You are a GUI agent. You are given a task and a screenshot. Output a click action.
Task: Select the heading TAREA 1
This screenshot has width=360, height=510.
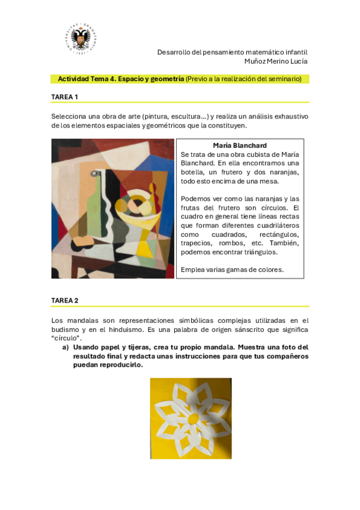[x=65, y=97]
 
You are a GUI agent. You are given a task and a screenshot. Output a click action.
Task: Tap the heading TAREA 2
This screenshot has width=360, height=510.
[x=65, y=301]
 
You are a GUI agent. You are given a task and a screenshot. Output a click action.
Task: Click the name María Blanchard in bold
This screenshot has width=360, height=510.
[x=240, y=146]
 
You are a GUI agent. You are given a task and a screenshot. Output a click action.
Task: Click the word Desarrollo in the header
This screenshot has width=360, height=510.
[x=174, y=52]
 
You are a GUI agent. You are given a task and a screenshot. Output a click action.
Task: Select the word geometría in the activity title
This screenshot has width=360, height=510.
[x=166, y=79]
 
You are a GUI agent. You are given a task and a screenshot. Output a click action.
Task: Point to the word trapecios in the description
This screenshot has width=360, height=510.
[x=196, y=243]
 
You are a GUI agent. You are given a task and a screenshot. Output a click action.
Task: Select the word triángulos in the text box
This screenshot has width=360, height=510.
[x=260, y=252]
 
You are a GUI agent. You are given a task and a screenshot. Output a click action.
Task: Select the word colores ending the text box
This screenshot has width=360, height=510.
[x=271, y=269]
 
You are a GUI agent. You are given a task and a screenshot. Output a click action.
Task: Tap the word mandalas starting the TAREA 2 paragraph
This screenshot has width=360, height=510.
[x=80, y=321]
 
